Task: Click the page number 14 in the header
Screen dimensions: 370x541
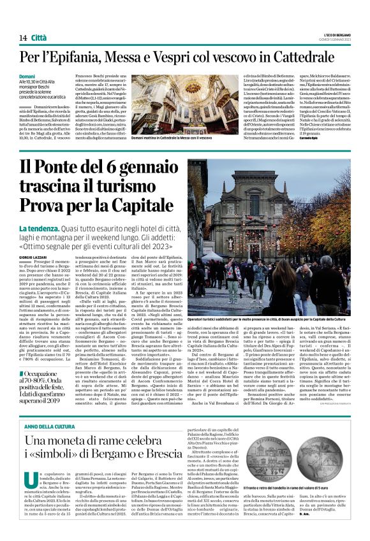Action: pos(22,38)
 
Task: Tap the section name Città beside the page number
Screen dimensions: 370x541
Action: pos(39,38)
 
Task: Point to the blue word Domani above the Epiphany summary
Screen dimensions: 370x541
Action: pos(27,76)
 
